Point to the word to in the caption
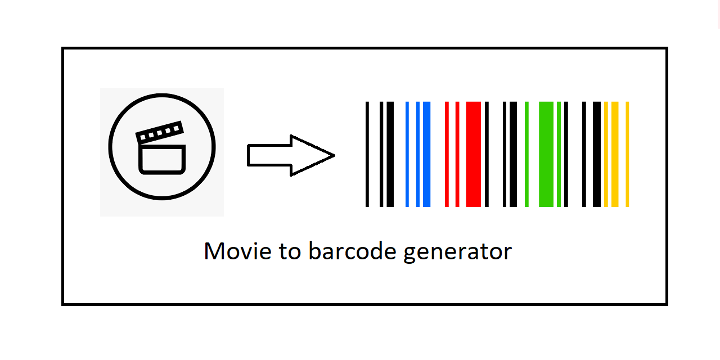pos(289,251)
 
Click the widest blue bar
pos(426,154)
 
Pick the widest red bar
pos(474,154)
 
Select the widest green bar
pos(546,154)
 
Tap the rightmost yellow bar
pos(627,154)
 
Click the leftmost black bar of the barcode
pos(367,154)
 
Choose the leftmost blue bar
pos(407,154)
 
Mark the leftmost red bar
pos(447,154)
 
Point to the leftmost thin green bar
pos(526,154)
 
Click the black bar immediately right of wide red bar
pos(487,154)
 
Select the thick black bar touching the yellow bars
pos(597,154)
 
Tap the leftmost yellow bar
pos(606,154)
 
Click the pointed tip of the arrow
pos(333,155)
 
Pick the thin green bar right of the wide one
pos(559,154)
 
